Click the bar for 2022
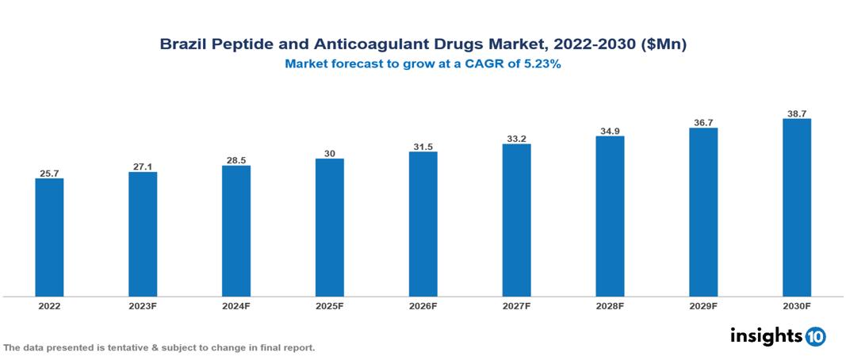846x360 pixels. point(49,237)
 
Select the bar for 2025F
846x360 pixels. point(329,228)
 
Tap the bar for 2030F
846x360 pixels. point(796,208)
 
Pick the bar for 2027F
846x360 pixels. point(516,220)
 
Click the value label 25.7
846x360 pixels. point(49,172)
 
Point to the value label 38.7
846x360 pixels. point(796,113)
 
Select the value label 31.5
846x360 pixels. point(423,146)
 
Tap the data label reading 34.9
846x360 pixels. point(610,130)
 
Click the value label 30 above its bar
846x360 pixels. point(329,153)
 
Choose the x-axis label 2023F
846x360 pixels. point(143,306)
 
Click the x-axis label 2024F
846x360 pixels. point(236,306)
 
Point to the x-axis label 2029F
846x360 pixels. point(703,306)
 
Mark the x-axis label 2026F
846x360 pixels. point(423,306)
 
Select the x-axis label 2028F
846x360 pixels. point(610,306)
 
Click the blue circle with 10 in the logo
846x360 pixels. point(815,336)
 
